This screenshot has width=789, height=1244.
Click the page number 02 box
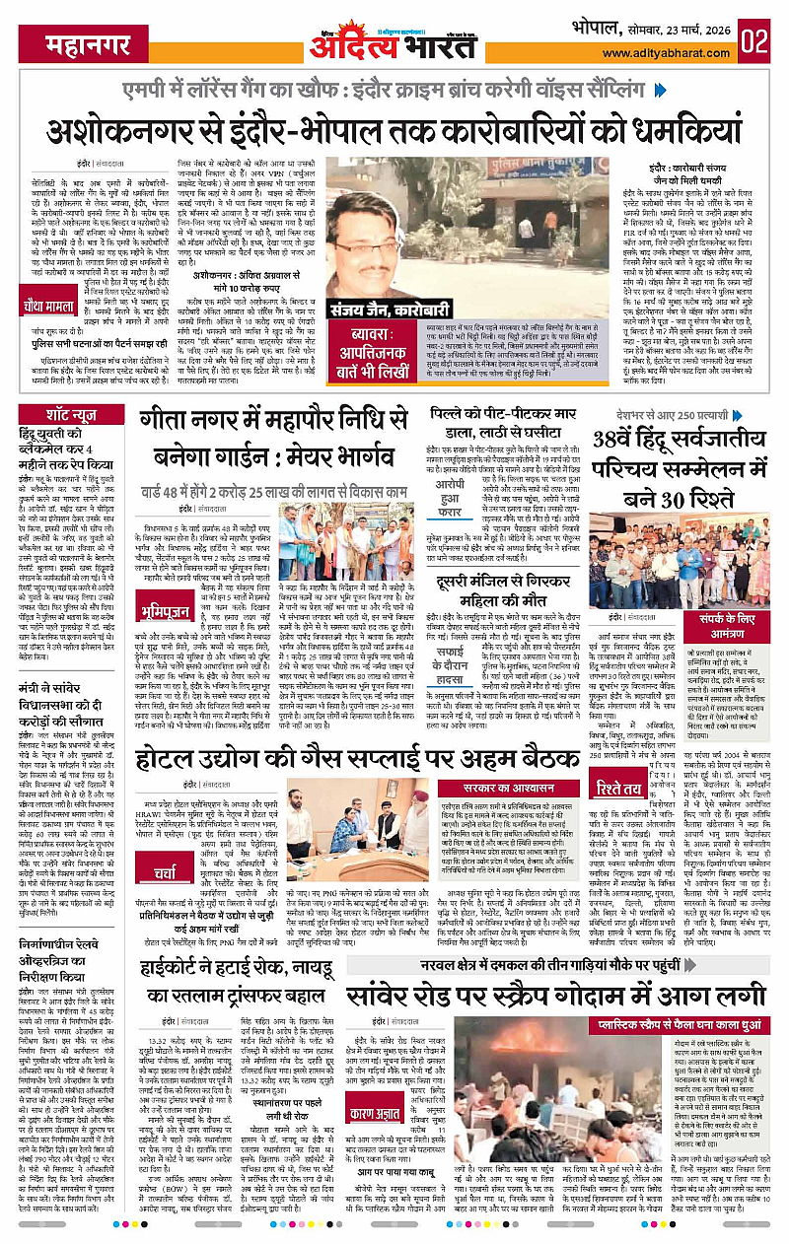(x=758, y=41)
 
